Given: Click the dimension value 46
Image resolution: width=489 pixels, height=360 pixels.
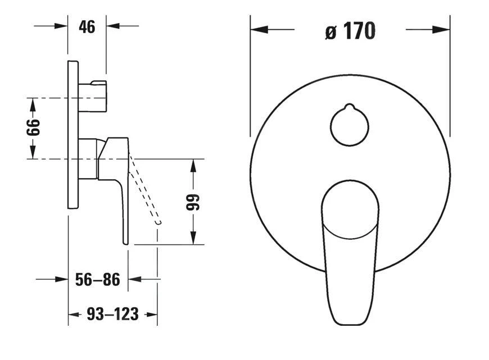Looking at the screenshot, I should point(87,26).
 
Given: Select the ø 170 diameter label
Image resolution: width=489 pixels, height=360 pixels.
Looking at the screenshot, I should point(350,31).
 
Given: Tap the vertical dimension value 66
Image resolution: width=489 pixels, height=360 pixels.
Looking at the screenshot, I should point(35,129).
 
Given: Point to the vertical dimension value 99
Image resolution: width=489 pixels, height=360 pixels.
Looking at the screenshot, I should point(193,202).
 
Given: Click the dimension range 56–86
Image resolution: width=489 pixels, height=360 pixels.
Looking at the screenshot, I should point(97,280).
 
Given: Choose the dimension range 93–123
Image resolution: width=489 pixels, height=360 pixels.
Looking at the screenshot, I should point(112,315).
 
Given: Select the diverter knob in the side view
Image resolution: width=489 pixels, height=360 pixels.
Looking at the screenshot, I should point(92,95).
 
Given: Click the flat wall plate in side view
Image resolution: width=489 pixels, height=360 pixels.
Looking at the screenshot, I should point(73,135).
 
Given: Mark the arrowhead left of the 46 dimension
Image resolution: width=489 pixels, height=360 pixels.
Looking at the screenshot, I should point(61,26).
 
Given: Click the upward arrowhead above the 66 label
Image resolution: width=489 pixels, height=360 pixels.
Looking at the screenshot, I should point(33,104).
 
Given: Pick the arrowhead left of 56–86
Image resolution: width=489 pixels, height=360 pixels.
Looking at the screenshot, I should point(61,279).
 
